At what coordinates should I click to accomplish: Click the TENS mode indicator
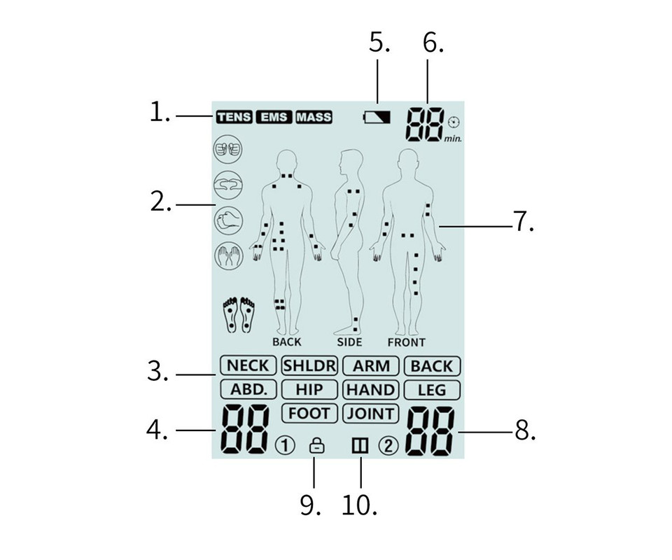point(234,117)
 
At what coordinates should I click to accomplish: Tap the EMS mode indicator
point(274,117)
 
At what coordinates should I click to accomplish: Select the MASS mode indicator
point(314,117)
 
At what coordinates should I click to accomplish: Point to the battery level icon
point(377,117)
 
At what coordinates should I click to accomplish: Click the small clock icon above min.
point(454,122)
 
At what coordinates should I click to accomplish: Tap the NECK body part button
point(248,366)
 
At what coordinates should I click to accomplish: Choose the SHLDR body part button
point(309,366)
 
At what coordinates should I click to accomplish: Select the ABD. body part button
point(248,389)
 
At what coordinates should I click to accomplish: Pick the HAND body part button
point(371,390)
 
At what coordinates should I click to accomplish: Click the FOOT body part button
point(309,414)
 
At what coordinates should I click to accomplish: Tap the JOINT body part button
point(371,414)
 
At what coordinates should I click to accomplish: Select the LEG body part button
point(432,390)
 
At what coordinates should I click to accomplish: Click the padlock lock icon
point(316,445)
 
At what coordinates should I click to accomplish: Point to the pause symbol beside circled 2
point(360,446)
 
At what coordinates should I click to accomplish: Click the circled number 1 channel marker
point(285,446)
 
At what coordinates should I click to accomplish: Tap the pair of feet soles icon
point(239,315)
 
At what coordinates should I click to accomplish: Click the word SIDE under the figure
point(349,342)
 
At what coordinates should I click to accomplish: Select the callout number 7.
point(524,221)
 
